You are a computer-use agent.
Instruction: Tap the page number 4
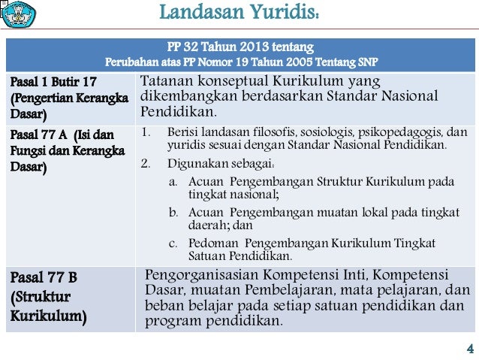(x=469, y=348)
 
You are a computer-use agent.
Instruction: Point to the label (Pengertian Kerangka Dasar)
(x=68, y=106)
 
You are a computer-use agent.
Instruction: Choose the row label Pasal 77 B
(x=43, y=277)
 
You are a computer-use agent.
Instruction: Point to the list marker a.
(x=173, y=182)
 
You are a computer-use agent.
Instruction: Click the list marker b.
(x=173, y=213)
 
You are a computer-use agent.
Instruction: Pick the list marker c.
(x=173, y=243)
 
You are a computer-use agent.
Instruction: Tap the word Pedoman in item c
(x=213, y=243)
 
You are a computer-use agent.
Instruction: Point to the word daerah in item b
(x=209, y=225)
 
